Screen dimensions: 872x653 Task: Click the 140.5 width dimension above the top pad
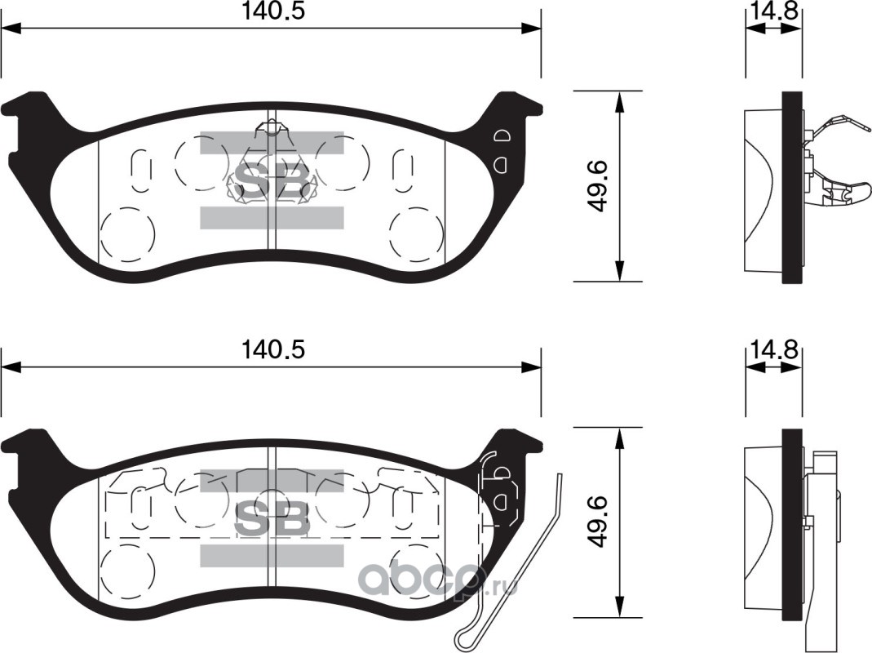(x=272, y=11)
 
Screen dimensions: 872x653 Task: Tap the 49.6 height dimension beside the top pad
(x=597, y=186)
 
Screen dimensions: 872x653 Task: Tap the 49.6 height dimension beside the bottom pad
(x=597, y=522)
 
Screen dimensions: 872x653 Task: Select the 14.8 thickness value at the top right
(x=773, y=11)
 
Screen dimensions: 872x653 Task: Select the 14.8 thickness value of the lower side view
(x=773, y=350)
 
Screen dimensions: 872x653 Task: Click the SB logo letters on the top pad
(x=272, y=180)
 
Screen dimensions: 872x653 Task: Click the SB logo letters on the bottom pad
(x=272, y=518)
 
